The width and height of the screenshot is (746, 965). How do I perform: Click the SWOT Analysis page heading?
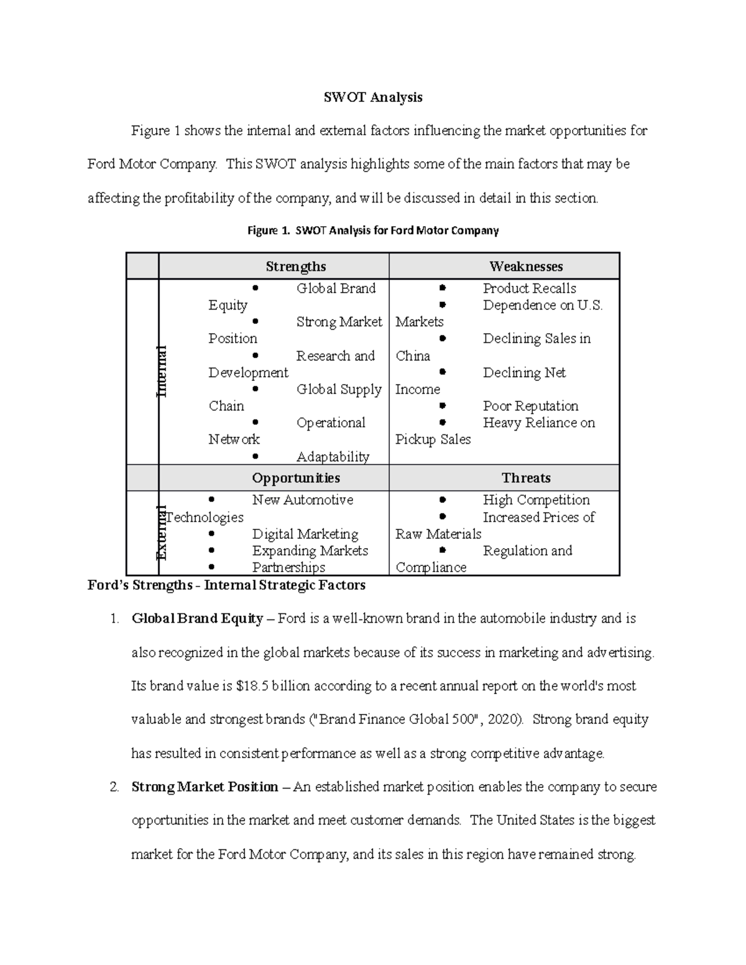pyautogui.click(x=373, y=97)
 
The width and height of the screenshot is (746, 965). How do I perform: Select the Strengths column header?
pyautogui.click(x=295, y=267)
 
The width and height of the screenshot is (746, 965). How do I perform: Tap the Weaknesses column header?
pyautogui.click(x=526, y=267)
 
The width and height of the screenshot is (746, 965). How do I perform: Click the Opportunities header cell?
pyautogui.click(x=295, y=478)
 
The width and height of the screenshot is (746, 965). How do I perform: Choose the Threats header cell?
pyautogui.click(x=526, y=478)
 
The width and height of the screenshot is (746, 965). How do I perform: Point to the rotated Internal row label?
pyautogui.click(x=162, y=371)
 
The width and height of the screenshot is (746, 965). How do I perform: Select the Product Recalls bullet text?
pyautogui.click(x=529, y=288)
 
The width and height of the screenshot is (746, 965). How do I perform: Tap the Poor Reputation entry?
pyautogui.click(x=530, y=406)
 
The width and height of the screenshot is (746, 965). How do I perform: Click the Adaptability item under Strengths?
pyautogui.click(x=333, y=457)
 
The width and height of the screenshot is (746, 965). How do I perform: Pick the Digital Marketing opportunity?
pyautogui.click(x=305, y=534)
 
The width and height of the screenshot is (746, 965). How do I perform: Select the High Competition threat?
pyautogui.click(x=536, y=500)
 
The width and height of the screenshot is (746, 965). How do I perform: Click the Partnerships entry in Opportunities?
pyautogui.click(x=288, y=567)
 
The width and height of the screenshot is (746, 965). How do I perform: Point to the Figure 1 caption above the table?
pyautogui.click(x=373, y=231)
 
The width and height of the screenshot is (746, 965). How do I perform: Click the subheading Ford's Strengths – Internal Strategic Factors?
pyautogui.click(x=226, y=585)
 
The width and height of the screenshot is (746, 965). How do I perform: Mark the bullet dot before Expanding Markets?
pyautogui.click(x=212, y=551)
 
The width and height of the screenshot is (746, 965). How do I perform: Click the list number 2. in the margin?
pyautogui.click(x=114, y=787)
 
